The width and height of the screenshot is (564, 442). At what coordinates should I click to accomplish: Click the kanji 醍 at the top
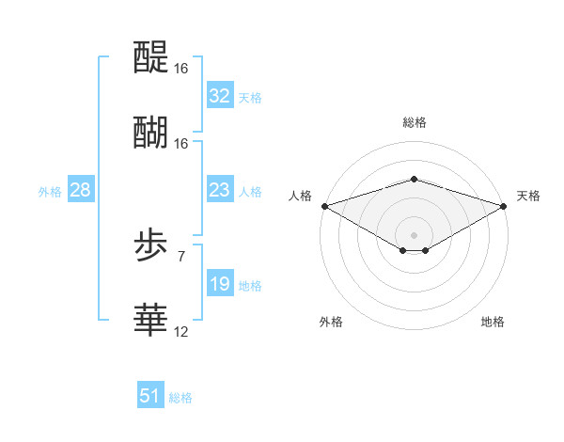[151, 58]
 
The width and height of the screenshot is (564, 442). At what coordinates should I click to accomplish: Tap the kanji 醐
[151, 133]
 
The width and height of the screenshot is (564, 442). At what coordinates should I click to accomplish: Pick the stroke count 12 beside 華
[180, 331]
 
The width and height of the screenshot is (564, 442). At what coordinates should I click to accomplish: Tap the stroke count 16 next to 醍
[180, 69]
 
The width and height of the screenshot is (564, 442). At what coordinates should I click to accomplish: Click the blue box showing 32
[219, 95]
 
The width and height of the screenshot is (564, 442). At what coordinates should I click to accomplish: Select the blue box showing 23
[219, 190]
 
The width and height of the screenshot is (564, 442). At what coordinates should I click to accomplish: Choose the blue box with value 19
[219, 284]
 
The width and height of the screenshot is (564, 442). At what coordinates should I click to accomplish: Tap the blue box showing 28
[81, 190]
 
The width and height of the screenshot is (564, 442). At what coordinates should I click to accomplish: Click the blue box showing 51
[150, 396]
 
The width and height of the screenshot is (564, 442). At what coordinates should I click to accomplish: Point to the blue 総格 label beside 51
[180, 398]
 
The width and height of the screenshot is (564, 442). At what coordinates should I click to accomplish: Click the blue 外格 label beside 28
[50, 191]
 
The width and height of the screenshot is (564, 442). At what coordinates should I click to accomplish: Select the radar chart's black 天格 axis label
[529, 196]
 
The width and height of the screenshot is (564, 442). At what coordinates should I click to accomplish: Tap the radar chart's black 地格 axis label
[493, 322]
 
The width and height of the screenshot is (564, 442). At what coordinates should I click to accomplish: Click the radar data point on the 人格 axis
[324, 205]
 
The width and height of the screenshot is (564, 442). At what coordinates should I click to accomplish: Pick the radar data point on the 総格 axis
[414, 179]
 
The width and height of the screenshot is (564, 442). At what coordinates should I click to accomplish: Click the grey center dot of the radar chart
[414, 233]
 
